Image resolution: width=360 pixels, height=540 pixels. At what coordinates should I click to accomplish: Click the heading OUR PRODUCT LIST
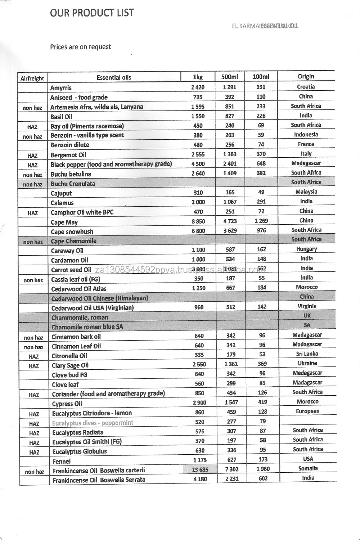click(92, 13)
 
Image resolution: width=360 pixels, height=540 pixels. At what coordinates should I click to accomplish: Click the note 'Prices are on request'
click(80, 47)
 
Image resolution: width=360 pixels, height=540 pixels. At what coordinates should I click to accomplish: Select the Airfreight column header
click(32, 78)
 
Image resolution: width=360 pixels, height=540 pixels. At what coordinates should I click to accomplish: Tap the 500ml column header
click(229, 77)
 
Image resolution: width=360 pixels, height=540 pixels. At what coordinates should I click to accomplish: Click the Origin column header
click(306, 76)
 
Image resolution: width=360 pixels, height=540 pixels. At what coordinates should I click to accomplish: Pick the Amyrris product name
click(61, 88)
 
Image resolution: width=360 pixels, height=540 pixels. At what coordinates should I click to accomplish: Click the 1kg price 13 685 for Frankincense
click(200, 469)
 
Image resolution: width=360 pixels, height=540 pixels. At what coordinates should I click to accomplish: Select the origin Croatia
click(306, 87)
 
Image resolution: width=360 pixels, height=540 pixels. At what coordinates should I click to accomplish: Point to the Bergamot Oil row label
click(68, 155)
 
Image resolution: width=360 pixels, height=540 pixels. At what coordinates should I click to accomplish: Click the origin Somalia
click(308, 468)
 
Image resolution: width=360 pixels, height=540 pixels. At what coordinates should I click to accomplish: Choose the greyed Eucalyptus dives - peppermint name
click(93, 423)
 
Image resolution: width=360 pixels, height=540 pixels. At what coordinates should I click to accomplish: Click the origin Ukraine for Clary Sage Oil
click(307, 363)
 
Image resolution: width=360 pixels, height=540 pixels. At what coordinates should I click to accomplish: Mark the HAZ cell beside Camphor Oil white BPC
click(32, 213)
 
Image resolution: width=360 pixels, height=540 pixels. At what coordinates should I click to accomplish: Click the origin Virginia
click(307, 306)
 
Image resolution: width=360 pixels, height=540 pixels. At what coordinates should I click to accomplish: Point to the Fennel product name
click(62, 461)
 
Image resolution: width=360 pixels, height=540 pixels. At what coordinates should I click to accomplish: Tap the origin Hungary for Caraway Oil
click(306, 249)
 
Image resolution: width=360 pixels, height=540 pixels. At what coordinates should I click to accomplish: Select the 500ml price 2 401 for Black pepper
click(230, 164)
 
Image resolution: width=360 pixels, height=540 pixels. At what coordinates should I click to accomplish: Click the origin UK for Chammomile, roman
click(307, 315)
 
